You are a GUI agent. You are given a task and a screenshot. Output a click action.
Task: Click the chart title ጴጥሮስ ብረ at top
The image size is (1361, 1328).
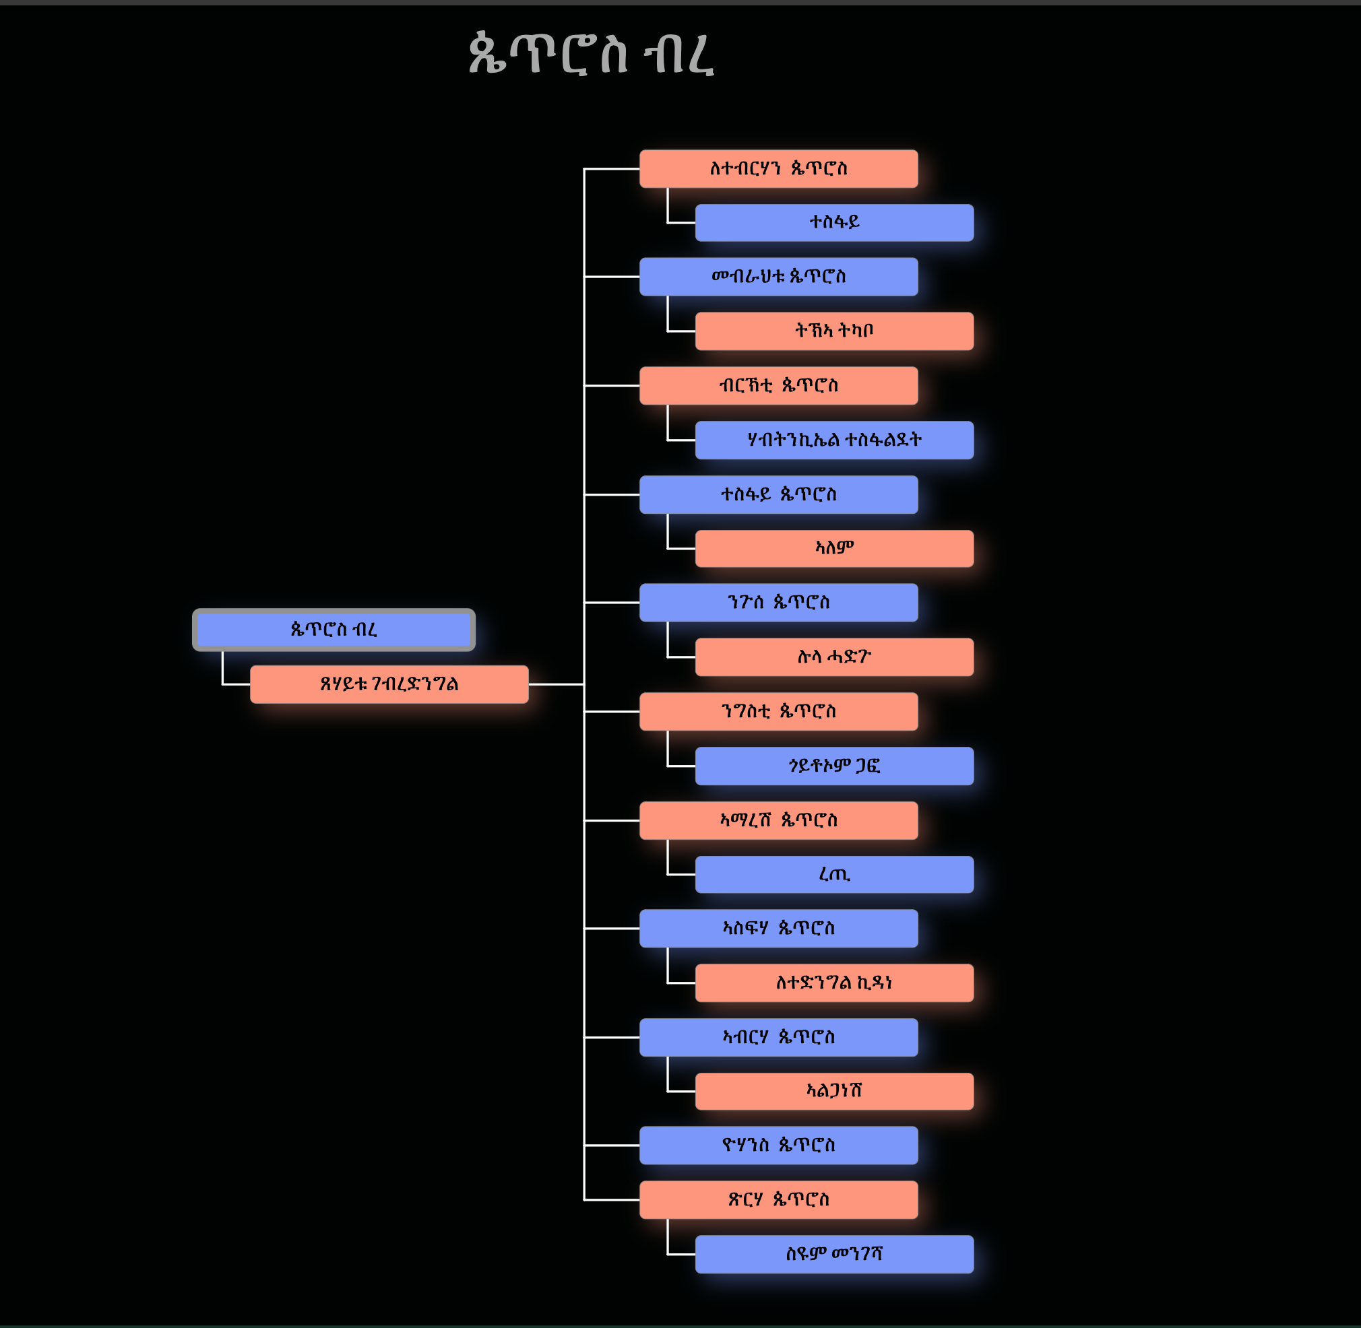coord(590,53)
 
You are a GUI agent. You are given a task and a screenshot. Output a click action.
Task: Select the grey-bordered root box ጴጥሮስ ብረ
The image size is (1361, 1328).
coord(334,630)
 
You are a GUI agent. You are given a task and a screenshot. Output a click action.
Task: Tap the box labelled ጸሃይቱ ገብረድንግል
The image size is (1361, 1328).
coord(389,684)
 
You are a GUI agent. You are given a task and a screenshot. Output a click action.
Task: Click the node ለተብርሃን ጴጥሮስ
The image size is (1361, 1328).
coord(778,169)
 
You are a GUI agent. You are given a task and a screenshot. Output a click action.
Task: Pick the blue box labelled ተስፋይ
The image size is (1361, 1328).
coord(834,222)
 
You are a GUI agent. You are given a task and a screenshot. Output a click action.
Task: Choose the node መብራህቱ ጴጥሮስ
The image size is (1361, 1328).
coord(778,277)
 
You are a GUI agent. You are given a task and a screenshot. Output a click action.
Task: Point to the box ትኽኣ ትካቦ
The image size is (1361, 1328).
coord(834,331)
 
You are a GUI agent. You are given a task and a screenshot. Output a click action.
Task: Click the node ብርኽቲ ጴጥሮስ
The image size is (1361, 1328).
coord(778,386)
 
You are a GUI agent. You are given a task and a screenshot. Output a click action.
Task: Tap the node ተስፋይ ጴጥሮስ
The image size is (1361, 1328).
coord(778,494)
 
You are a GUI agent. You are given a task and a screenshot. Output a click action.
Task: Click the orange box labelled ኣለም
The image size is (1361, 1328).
coord(834,548)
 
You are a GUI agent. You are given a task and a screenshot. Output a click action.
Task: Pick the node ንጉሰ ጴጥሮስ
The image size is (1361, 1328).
coord(778,603)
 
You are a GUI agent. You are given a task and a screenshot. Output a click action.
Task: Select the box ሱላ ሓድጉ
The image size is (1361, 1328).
coord(834,657)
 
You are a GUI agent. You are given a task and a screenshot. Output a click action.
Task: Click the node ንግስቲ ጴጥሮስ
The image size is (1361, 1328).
coord(778,711)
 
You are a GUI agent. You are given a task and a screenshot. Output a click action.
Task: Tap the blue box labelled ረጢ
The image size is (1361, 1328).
coord(834,875)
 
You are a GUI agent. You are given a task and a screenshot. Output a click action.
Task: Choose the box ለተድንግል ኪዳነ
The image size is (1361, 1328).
coord(834,983)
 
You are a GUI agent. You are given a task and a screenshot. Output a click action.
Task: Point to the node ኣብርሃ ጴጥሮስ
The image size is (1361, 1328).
coord(778,1037)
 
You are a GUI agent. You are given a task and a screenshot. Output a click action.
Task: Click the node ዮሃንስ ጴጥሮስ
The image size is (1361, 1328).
coord(778,1146)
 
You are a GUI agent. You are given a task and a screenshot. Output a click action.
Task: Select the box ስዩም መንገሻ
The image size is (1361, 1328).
coord(834,1254)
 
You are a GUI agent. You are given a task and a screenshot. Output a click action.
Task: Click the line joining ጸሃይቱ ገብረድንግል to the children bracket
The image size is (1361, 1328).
coord(556,684)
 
